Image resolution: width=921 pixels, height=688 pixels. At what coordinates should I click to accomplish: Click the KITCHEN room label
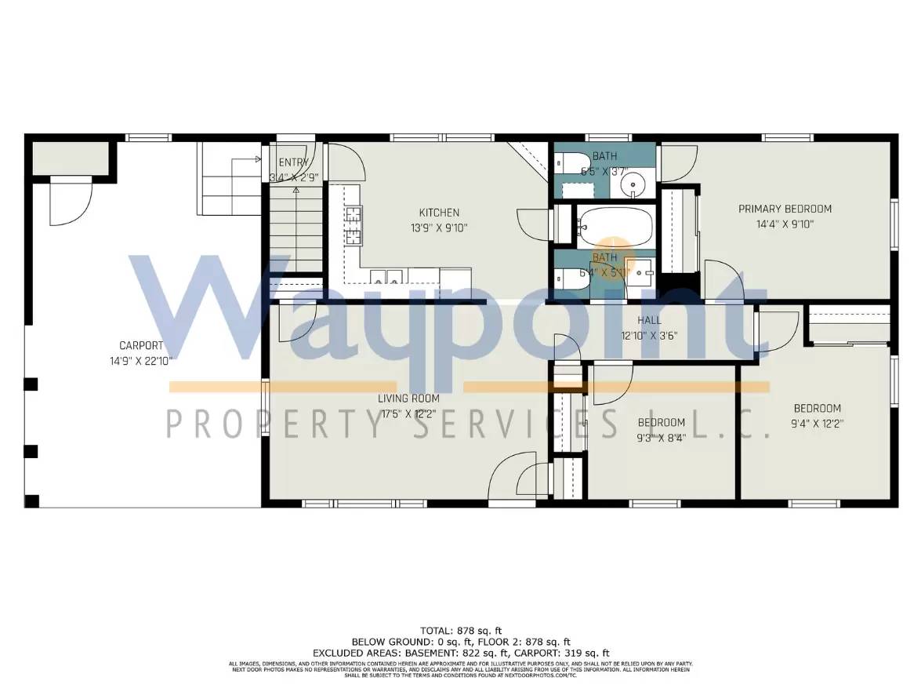[439, 213]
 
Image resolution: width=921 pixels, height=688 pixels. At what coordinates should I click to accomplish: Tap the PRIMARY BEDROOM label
[785, 209]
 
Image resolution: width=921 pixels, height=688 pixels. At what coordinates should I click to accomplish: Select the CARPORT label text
[141, 345]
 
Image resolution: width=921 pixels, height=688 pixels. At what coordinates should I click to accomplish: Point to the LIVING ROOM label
[409, 399]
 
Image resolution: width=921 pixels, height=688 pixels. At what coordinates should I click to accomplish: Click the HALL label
[649, 320]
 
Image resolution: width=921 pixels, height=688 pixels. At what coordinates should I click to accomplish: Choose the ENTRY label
[293, 162]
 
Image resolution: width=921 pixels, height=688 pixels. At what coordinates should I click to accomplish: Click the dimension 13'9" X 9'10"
[439, 228]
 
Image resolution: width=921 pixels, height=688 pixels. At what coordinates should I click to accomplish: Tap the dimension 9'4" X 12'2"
[817, 424]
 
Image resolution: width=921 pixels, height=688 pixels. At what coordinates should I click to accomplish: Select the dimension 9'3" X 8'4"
[660, 439]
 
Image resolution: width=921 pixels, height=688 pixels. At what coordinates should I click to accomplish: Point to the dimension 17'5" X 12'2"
[409, 413]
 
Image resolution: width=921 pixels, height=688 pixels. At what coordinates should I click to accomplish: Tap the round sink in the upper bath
[632, 185]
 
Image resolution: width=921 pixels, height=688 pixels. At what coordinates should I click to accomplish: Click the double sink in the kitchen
[385, 275]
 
